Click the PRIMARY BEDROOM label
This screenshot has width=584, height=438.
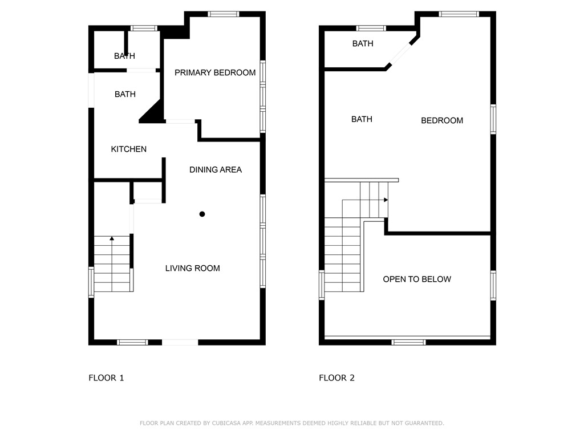click(x=215, y=72)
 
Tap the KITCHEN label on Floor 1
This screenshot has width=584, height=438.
click(x=128, y=149)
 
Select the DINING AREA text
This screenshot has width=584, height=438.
click(x=216, y=169)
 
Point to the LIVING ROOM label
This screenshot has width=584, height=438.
click(x=192, y=268)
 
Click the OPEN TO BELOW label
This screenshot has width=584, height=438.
click(x=417, y=279)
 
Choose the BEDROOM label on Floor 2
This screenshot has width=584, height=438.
click(x=442, y=120)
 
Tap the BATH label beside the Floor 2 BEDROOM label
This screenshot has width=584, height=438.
click(x=362, y=119)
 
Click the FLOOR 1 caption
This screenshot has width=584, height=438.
click(x=106, y=378)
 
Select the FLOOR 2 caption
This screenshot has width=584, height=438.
click(x=336, y=378)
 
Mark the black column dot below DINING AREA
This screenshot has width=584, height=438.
click(x=202, y=214)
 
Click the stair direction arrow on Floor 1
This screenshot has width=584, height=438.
click(x=112, y=238)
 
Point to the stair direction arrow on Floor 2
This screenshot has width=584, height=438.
click(x=386, y=200)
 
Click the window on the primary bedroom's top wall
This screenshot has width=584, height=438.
click(x=223, y=14)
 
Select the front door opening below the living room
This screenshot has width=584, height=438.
click(x=180, y=342)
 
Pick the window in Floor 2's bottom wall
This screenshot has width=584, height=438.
click(x=408, y=342)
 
